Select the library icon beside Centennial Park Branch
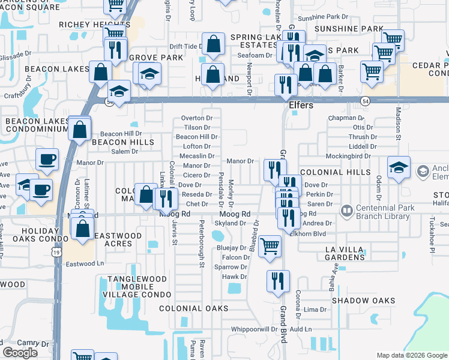coord(346,211)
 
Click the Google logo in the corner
coord(20,353)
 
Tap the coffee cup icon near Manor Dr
coord(47,160)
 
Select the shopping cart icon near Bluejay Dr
coord(270,245)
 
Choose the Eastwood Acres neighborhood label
coord(118,240)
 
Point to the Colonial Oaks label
coord(193,308)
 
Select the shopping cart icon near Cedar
coord(372,72)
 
